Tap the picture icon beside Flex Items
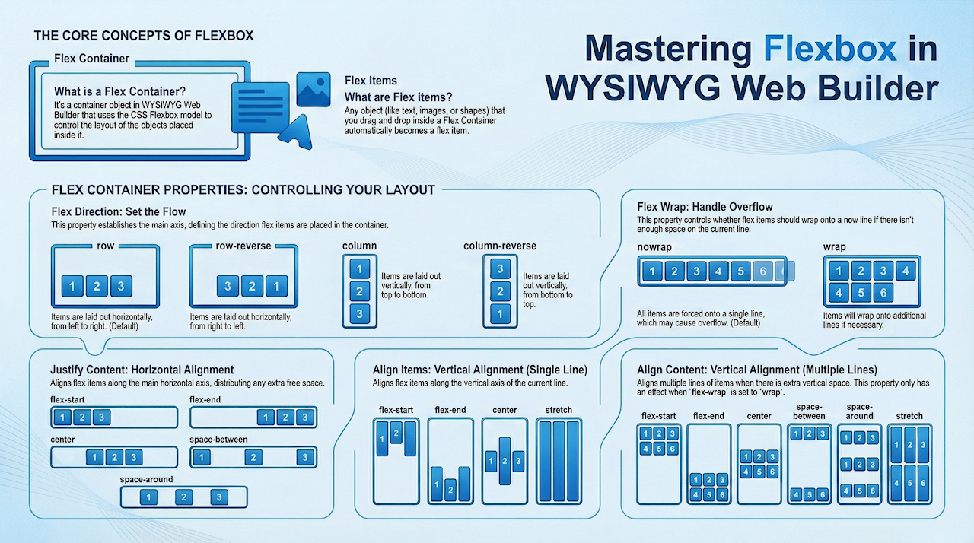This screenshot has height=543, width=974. [314, 89]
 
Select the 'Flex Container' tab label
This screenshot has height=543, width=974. [92, 59]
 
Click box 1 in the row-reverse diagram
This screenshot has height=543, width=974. [277, 286]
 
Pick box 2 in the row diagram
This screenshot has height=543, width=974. [96, 286]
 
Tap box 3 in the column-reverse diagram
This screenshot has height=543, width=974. [500, 268]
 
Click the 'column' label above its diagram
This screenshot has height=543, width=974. [360, 246]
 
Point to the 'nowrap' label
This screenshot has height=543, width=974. [654, 247]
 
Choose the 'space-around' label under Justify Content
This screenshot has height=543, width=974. [146, 480]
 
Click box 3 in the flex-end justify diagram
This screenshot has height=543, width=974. [304, 418]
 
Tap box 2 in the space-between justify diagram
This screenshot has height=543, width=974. [252, 457]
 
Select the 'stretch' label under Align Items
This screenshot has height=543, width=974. [559, 411]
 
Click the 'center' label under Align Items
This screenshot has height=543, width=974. [505, 411]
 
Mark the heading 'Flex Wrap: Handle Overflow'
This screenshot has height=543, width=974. [704, 206]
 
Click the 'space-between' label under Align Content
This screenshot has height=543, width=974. [808, 411]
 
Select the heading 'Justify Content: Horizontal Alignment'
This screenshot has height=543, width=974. [142, 370]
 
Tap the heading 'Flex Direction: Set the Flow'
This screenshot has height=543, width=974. [118, 211]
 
